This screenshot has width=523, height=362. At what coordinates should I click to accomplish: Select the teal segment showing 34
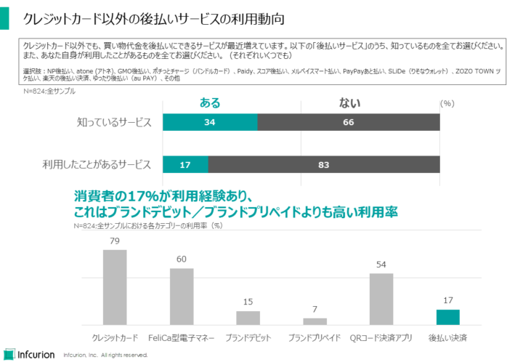(210, 122)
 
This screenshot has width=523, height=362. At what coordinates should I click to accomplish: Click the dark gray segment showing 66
(349, 122)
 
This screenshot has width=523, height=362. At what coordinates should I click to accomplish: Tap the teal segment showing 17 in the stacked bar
(185, 165)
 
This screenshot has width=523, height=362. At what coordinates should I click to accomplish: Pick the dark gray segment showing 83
(324, 165)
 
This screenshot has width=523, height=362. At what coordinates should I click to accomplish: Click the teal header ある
(210, 103)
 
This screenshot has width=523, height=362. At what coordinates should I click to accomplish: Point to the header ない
(349, 103)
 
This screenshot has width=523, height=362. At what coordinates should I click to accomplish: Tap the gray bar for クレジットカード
(115, 286)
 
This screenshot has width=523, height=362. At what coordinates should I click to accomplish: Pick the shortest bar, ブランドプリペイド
(315, 321)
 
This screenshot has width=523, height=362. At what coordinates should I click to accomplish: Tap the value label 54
(381, 265)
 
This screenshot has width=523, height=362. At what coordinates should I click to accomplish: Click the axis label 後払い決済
(448, 337)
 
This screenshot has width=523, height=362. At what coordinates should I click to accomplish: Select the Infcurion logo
(29, 354)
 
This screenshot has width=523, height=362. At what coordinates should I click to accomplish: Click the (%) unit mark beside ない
(447, 104)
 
